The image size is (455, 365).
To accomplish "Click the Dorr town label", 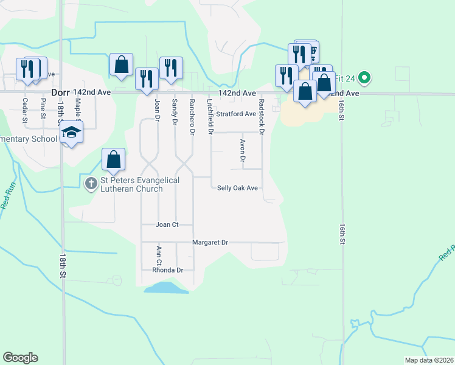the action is coord(60,92).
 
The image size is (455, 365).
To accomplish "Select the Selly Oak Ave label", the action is coord(238,188).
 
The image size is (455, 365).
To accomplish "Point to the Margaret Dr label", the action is coord(210,242).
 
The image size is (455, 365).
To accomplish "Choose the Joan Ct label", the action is coord(167,224).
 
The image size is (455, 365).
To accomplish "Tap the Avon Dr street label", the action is coord(242,150).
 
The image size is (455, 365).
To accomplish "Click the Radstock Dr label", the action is coord(262,116).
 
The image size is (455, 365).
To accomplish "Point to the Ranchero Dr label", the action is coord(192,116).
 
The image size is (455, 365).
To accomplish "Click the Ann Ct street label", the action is coord(158,255).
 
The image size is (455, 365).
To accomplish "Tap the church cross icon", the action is coord(91,183).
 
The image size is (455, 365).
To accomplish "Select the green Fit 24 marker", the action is coord(364,77).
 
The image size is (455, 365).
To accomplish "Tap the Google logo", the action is coord(20,358).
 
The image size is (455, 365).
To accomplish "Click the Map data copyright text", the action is coord(429,360).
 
